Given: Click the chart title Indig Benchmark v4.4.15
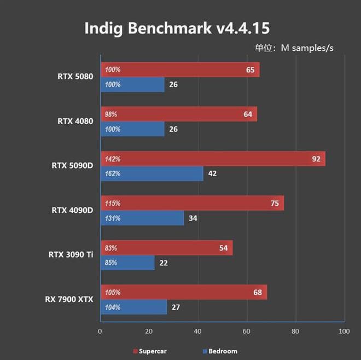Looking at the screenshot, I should point(177,28).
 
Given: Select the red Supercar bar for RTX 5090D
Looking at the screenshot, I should point(213,159).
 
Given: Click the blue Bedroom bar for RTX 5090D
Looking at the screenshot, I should point(152,173).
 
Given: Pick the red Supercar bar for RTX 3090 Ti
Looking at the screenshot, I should point(166,248).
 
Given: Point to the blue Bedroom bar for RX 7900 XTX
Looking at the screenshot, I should point(133,307).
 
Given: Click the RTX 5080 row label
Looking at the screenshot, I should point(75,77).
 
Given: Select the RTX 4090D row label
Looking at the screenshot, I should point(72,210).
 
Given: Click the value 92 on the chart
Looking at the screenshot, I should point(316,159).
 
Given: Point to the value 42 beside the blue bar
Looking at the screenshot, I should point(213,174).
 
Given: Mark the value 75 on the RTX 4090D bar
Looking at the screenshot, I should point(274,204).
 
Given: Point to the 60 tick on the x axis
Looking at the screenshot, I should point(247,332).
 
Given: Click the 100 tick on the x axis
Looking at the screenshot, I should point(344,332).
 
